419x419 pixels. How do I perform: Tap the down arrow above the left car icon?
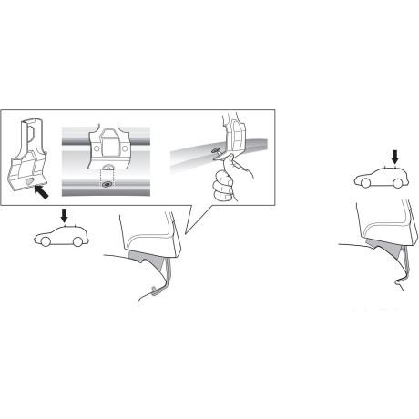(62, 215)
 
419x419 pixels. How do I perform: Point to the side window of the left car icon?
(65, 233)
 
